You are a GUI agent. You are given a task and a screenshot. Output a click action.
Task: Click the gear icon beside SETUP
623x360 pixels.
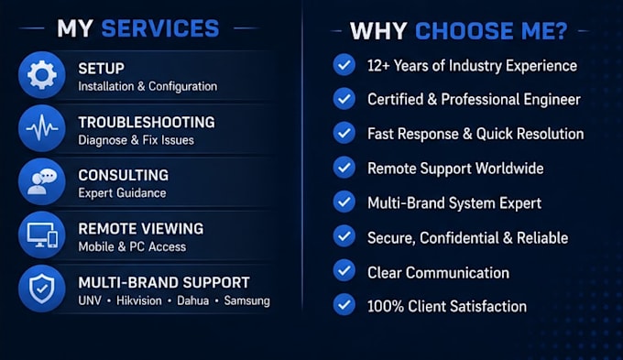[42, 75]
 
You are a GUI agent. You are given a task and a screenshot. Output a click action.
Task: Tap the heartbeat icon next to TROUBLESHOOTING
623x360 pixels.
[42, 128]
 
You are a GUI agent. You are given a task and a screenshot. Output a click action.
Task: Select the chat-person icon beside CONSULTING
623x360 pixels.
[42, 182]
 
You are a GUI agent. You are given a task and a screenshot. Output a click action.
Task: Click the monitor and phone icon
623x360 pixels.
[42, 235]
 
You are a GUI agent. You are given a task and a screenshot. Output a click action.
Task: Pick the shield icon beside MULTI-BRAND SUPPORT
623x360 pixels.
[42, 289]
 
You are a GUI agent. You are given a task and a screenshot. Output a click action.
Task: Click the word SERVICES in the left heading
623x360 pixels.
[160, 28]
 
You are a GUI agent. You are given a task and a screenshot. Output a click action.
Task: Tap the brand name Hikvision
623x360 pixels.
[139, 300]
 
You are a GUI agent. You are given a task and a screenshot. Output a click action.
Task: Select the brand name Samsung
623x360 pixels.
[246, 300]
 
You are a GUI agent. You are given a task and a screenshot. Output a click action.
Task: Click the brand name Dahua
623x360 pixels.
[192, 300]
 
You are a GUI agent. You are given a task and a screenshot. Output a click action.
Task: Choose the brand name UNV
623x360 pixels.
[90, 300]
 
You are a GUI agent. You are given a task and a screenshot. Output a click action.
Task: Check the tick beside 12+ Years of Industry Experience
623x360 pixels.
[344, 65]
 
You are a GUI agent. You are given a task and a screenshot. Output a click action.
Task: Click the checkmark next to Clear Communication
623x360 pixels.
[344, 270]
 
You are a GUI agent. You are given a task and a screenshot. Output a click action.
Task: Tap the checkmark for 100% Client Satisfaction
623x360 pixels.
[344, 304]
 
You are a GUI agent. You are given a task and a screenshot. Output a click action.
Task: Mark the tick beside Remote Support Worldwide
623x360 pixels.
[344, 168]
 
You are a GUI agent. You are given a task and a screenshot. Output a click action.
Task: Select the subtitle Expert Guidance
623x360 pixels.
[122, 193]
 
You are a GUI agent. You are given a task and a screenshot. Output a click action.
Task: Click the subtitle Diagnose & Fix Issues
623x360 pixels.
[136, 140]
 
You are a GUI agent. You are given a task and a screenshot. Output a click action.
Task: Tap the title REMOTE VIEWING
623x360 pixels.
[141, 229]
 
